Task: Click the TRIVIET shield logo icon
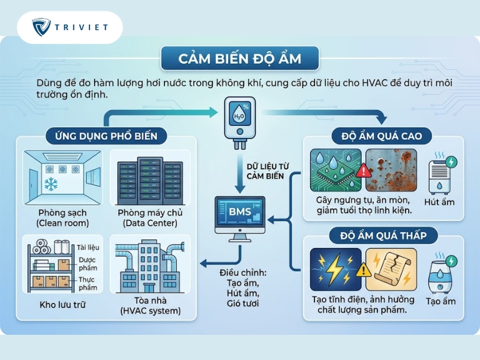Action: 41,27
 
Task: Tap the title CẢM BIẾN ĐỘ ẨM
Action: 240,59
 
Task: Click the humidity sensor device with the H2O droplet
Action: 240,123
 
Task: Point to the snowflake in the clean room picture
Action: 51,184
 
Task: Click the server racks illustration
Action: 150,181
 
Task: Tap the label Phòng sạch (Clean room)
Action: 62,218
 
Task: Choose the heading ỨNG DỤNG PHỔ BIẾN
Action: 106,136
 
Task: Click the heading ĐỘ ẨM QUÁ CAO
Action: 382,136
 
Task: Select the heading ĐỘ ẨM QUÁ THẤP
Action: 383,235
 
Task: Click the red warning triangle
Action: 364,170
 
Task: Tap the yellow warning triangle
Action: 364,269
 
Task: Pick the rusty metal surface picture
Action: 391,170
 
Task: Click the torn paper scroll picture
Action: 391,269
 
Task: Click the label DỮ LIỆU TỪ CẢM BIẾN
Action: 268,171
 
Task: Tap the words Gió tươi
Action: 243,304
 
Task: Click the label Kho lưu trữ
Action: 62,305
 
